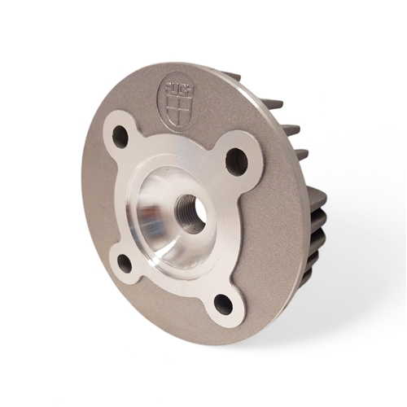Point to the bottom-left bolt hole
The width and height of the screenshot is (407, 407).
click(x=125, y=263)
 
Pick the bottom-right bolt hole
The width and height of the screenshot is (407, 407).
click(x=223, y=304)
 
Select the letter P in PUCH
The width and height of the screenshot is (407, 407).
click(x=168, y=83)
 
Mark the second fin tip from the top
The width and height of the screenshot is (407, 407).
click(x=273, y=103)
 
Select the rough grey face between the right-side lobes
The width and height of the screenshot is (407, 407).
click(x=273, y=236)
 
